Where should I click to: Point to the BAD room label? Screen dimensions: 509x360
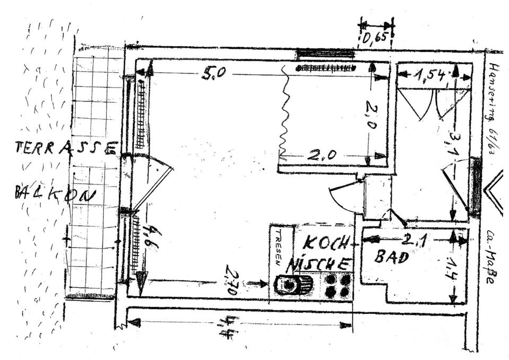pyautogui.click(x=392, y=257)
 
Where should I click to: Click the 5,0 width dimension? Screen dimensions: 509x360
pyautogui.click(x=214, y=73)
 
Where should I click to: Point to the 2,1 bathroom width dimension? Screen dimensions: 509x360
pyautogui.click(x=414, y=240)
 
